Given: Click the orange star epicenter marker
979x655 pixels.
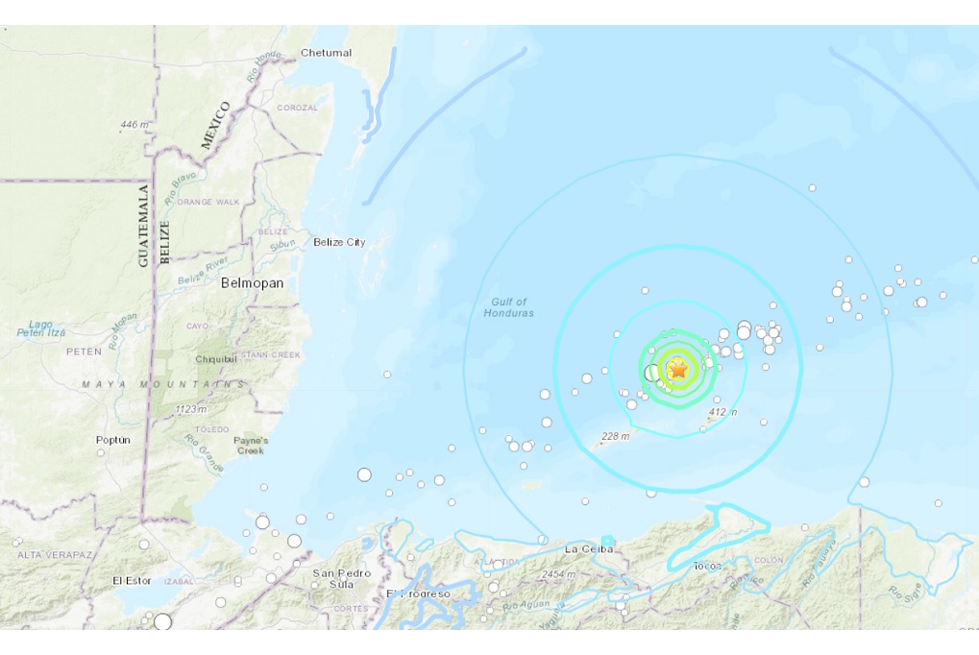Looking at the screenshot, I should pyautogui.click(x=678, y=368).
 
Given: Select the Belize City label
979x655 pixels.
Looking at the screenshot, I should pyautogui.click(x=339, y=243).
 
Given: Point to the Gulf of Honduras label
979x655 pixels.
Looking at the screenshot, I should pyautogui.click(x=508, y=308).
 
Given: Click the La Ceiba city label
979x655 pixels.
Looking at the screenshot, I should pyautogui.click(x=588, y=549).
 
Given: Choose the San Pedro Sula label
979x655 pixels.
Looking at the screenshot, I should pyautogui.click(x=342, y=579).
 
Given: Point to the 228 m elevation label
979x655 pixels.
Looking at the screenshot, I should pyautogui.click(x=614, y=436).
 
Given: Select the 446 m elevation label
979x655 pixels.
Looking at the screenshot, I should pyautogui.click(x=135, y=125).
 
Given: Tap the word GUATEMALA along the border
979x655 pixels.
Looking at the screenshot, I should pyautogui.click(x=144, y=227).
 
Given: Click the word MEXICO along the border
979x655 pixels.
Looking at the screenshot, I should pyautogui.click(x=216, y=125).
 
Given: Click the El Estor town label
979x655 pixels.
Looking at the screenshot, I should pyautogui.click(x=132, y=581).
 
